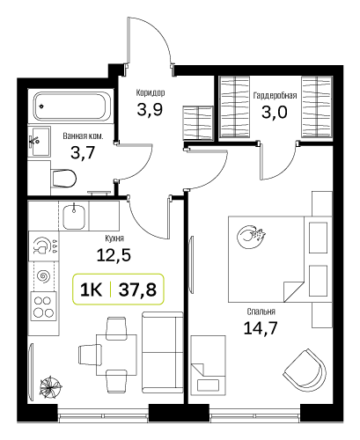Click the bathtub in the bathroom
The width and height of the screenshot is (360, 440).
[x=70, y=106]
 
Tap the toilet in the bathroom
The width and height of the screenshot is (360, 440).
[x=63, y=178]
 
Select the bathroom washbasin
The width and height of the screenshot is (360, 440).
[x=40, y=142]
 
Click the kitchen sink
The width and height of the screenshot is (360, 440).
[x=74, y=216]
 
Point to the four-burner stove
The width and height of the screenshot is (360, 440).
[x=44, y=306]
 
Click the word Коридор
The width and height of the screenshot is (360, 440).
[x=151, y=92]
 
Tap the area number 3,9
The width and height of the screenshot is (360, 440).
[x=150, y=110]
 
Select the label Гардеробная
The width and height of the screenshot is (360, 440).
[x=275, y=95]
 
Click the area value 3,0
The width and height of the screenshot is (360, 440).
[x=275, y=112]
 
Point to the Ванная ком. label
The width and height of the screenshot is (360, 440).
[x=83, y=136]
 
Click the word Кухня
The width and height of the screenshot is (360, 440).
[x=114, y=238]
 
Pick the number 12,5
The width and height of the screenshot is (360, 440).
[x=114, y=255]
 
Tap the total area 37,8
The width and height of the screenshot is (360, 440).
[x=137, y=290]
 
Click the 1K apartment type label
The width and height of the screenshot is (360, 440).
[x=91, y=290]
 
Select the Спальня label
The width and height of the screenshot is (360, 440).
[x=261, y=312]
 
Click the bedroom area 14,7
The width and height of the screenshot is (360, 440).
[x=261, y=328]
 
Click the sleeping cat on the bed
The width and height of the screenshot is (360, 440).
[x=251, y=237]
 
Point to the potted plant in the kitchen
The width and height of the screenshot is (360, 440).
[x=51, y=387]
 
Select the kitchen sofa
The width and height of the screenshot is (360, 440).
[x=162, y=352]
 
